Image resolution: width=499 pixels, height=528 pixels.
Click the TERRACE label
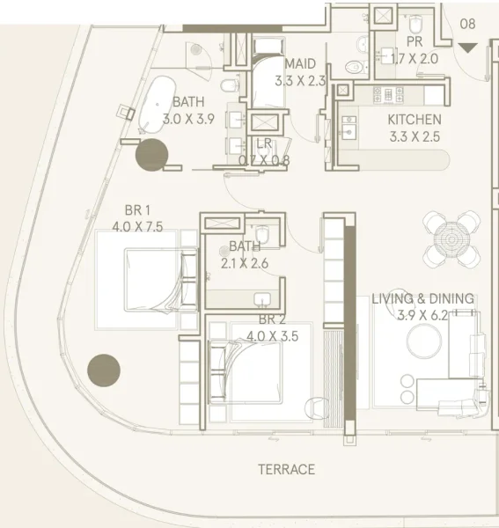tap(286, 470)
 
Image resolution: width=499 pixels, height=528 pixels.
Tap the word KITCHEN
tap(415, 120)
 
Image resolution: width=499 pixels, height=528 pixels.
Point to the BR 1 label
tap(138, 209)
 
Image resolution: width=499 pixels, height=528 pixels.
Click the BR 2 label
tap(272, 319)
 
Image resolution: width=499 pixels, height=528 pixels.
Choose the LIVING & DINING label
tap(422, 299)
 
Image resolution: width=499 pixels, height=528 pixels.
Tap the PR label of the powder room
tap(415, 41)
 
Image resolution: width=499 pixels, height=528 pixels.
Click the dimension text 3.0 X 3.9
tap(188, 119)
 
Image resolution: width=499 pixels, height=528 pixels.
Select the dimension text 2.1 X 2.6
tap(244, 262)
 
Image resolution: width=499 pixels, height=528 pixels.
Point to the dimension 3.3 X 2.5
tap(415, 136)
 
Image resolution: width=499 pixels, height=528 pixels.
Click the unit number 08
tap(467, 25)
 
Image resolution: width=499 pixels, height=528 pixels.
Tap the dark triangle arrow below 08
tap(467, 48)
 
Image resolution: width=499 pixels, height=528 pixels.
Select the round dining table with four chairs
tap(451, 238)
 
